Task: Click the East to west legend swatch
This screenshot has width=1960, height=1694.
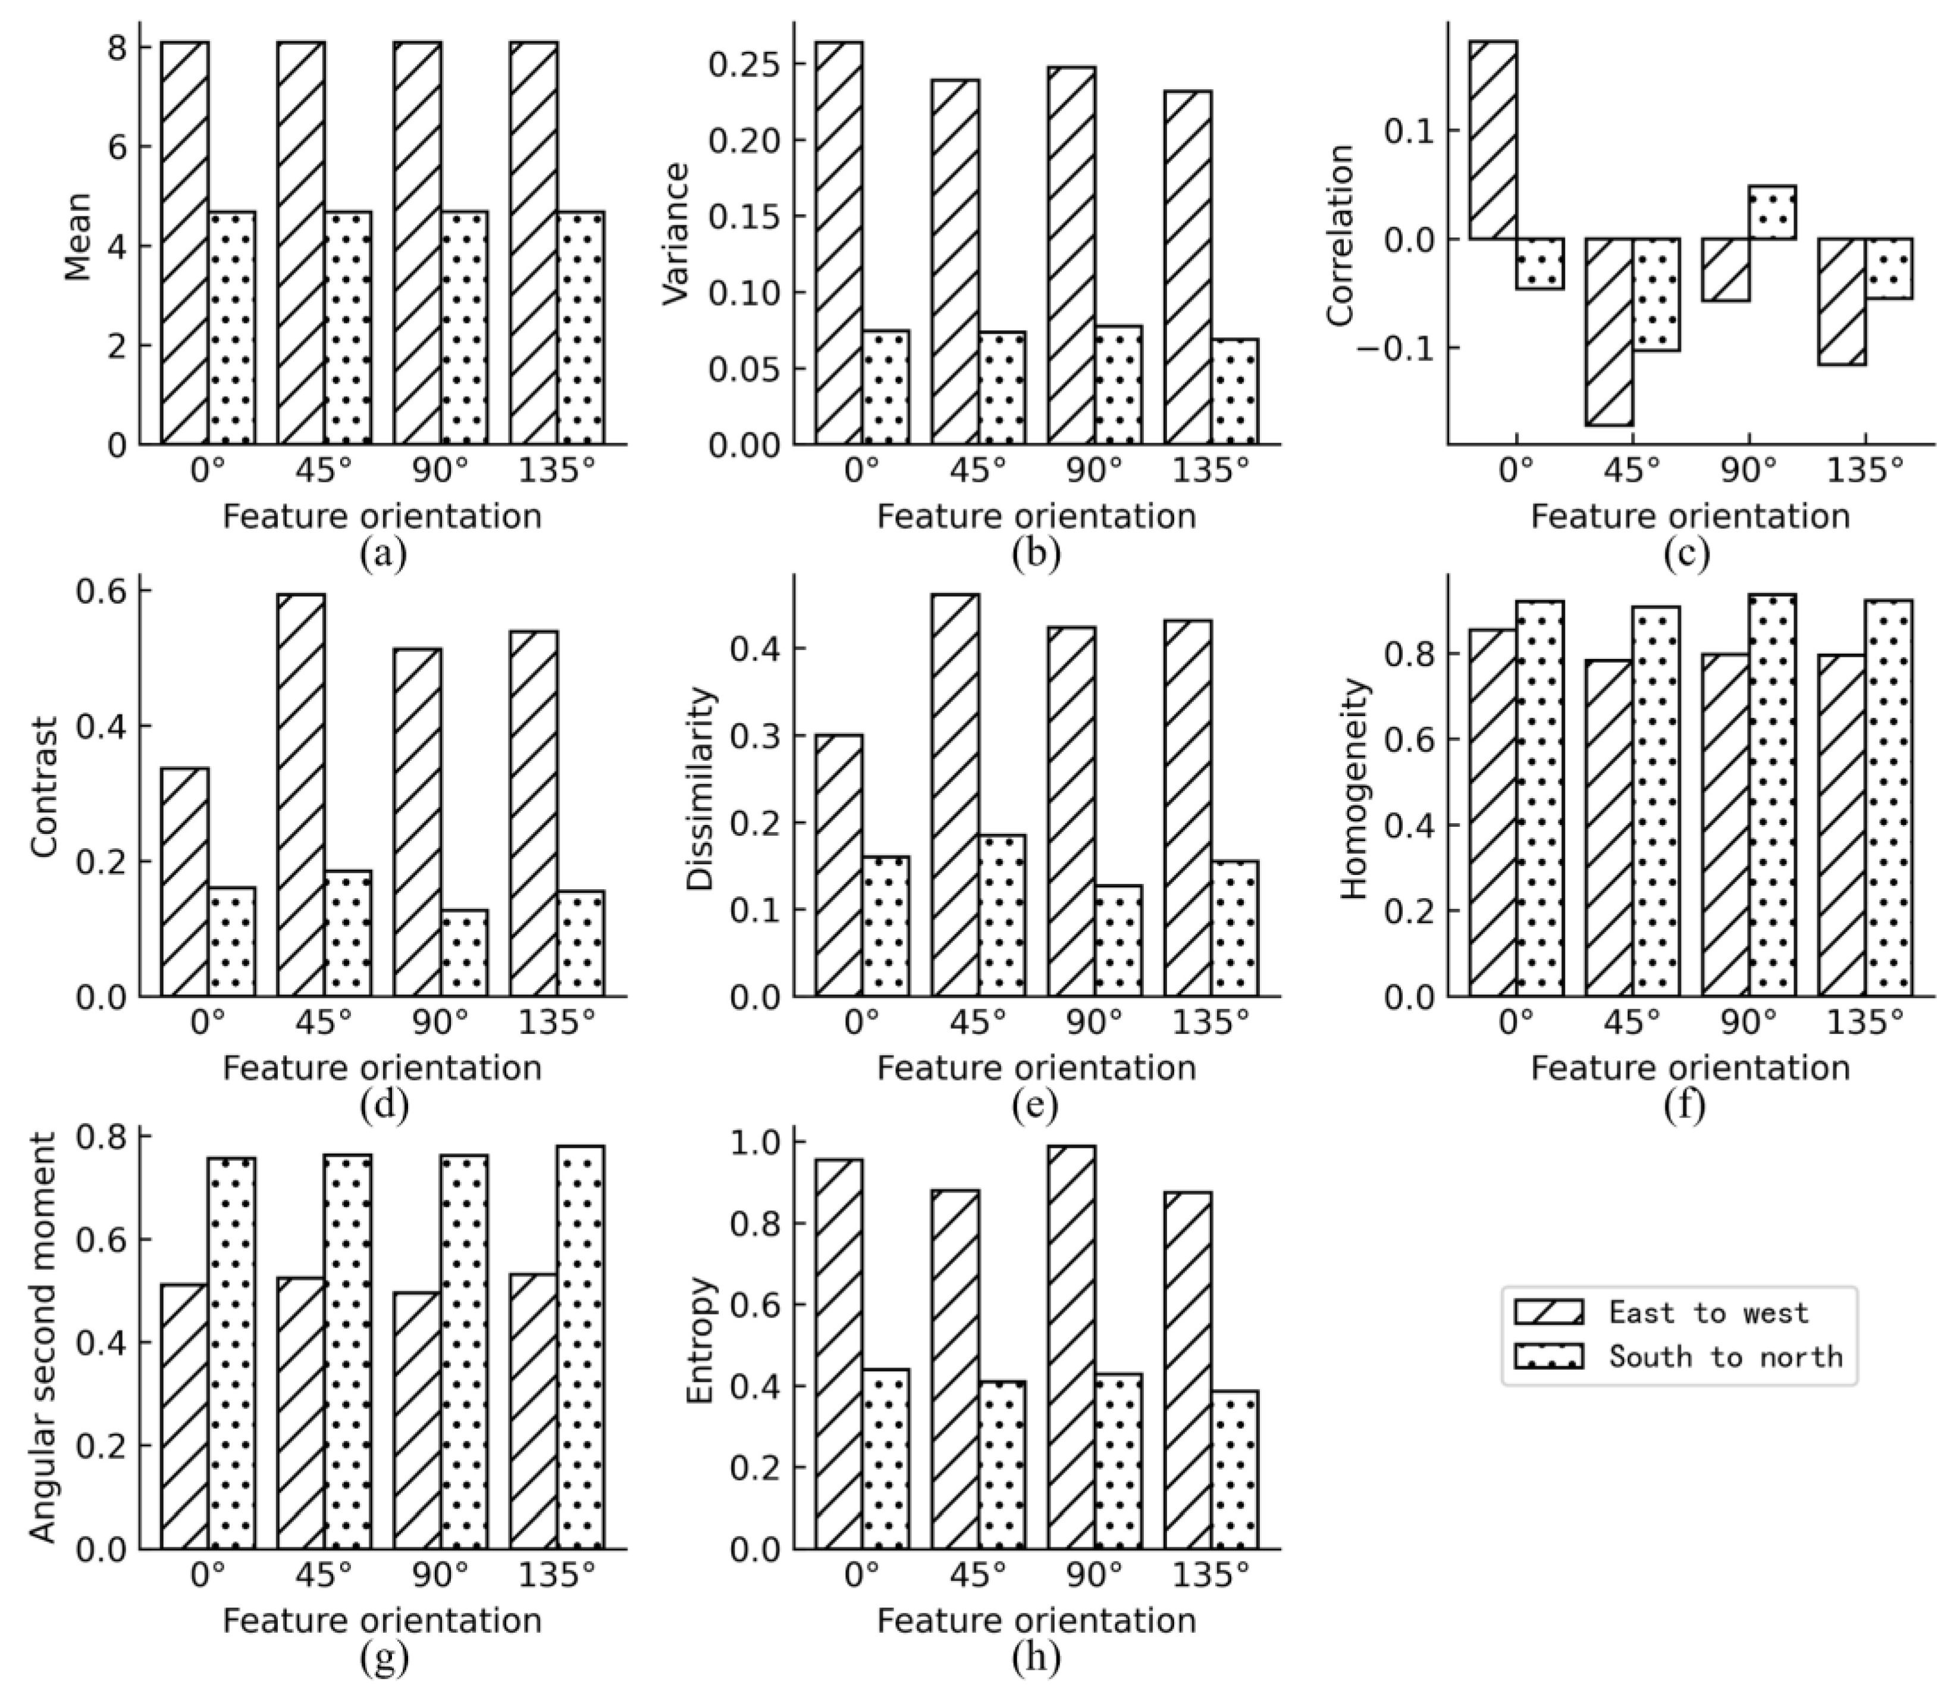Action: click(1548, 1312)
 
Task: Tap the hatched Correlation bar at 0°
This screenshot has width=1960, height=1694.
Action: click(1492, 139)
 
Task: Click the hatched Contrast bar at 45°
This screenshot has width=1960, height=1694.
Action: click(302, 795)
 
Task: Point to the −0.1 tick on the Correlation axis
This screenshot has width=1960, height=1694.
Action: click(1391, 348)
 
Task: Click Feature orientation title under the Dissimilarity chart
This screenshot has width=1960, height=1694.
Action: click(1036, 1068)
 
